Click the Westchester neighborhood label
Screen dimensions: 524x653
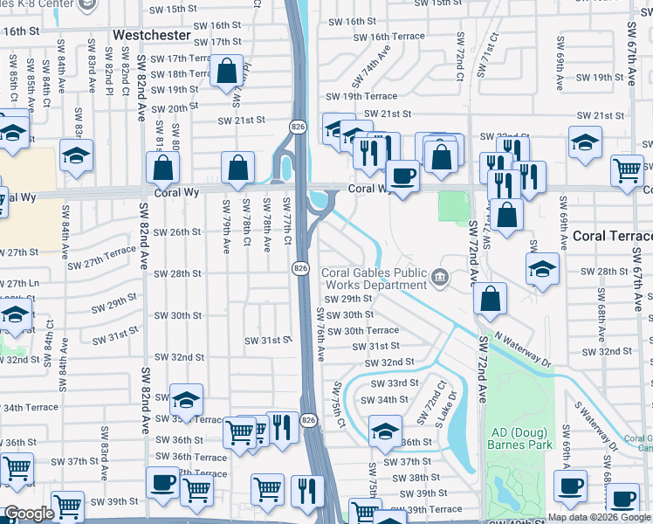click(152, 34)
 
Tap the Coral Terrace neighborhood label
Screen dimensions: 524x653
click(613, 237)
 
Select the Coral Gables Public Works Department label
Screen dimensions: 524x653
click(375, 279)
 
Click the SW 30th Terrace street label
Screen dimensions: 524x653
click(362, 330)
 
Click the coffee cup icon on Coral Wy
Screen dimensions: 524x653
click(402, 176)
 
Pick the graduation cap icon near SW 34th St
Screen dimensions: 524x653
click(384, 431)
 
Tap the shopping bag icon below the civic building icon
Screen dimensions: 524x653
click(491, 298)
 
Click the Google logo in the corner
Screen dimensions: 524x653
click(29, 514)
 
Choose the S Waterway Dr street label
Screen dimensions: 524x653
click(595, 426)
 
